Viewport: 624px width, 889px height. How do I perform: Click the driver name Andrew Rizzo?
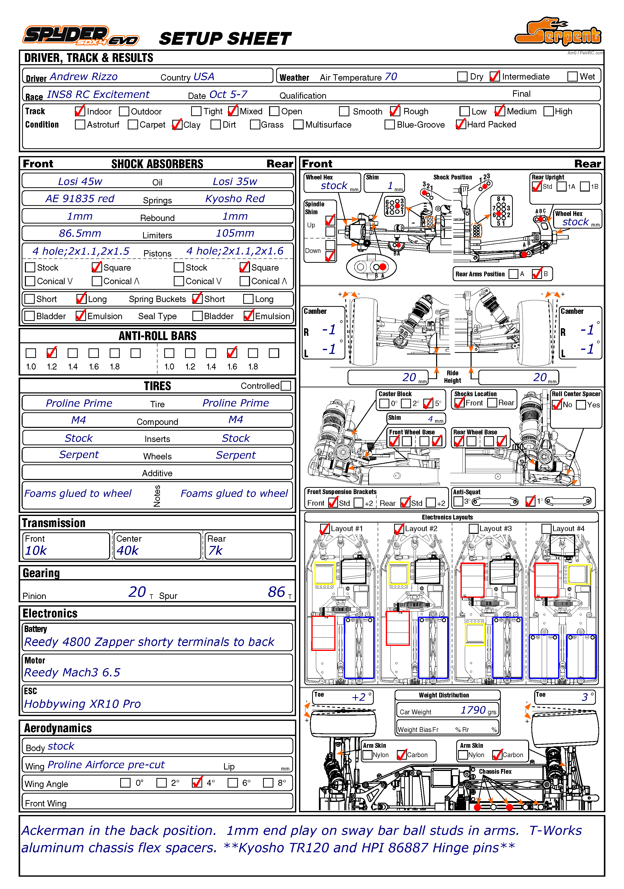83,77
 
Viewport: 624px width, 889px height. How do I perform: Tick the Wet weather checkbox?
572,77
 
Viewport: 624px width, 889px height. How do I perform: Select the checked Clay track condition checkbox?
177,125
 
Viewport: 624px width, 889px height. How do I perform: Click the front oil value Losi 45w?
80,181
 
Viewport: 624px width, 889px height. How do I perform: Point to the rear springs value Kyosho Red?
235,199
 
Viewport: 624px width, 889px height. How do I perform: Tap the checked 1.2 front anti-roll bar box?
52,353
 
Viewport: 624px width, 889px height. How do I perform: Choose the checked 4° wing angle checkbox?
197,783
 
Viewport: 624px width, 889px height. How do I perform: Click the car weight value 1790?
473,710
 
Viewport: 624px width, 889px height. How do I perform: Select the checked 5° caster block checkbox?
428,403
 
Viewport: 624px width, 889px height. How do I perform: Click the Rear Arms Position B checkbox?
537,274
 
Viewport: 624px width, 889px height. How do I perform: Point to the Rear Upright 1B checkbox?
585,187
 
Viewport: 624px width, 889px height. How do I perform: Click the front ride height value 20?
409,377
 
